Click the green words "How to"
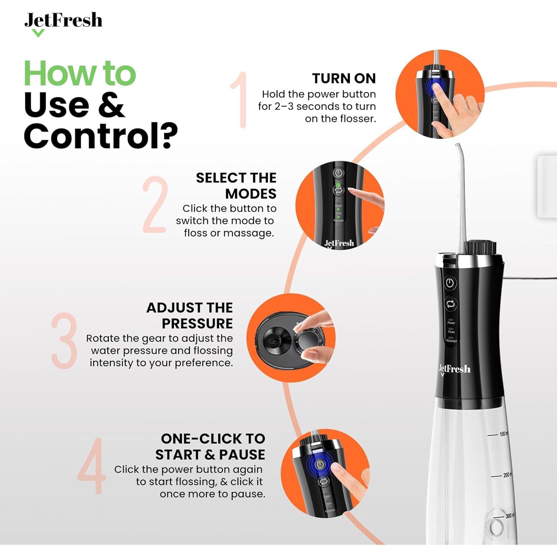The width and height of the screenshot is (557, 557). (80, 74)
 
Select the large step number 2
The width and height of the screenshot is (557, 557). (154, 205)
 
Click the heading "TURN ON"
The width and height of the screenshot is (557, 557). (343, 79)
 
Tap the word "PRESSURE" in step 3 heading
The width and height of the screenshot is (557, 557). (197, 323)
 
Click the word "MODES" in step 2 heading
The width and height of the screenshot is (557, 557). (251, 194)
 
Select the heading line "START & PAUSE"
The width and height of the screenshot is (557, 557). (210, 455)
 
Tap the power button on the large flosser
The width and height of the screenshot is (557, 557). (450, 283)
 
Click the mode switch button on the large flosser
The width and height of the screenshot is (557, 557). (450, 304)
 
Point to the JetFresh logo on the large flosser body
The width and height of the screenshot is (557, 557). (455, 369)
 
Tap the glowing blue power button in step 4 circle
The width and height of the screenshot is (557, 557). (320, 464)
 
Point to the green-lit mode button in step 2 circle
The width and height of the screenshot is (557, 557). (338, 190)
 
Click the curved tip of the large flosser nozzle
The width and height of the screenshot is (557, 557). (458, 146)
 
